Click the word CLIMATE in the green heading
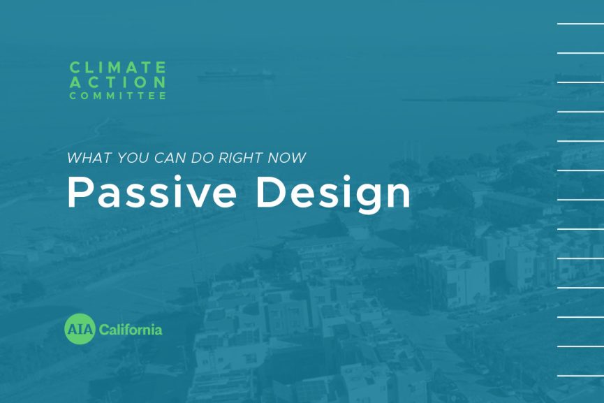pos(117,68)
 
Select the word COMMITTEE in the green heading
pos(117,96)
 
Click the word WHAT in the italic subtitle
pos(84,158)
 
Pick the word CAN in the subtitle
pos(163,158)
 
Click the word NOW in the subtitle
pos(288,158)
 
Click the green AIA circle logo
pos(80,329)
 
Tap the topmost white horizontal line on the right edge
pos(580,24)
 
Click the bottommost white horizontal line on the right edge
pos(580,376)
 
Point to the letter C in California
pos(104,329)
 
